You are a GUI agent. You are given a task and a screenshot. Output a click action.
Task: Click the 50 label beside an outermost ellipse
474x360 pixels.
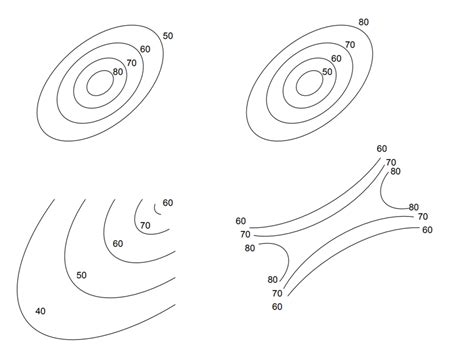click(167, 36)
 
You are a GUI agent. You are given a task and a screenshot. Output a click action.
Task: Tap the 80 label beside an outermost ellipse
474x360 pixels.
click(363, 22)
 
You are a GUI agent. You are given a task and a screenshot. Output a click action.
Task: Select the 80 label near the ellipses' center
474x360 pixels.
click(118, 71)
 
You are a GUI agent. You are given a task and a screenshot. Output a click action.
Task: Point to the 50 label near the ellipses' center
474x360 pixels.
click(327, 72)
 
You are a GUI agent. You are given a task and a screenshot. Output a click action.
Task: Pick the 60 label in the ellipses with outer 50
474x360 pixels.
click(145, 49)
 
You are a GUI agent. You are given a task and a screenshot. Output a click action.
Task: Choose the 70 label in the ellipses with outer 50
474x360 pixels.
click(132, 60)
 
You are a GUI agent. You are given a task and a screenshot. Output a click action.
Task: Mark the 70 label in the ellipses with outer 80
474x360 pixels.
click(350, 45)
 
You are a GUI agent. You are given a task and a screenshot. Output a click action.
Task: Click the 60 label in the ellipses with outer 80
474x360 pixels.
click(337, 59)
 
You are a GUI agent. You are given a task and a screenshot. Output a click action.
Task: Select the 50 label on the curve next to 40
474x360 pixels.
click(82, 275)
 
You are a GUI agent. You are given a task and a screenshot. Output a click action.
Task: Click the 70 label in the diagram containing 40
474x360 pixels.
click(145, 226)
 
